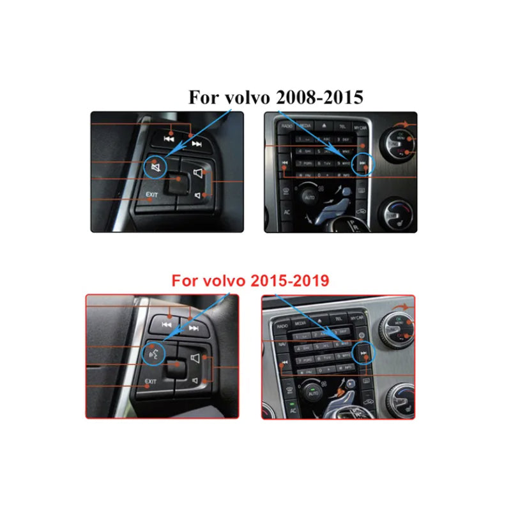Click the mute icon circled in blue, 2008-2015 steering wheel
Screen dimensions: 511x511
coord(155,167)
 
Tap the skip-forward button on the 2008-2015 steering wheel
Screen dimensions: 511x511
coord(196,142)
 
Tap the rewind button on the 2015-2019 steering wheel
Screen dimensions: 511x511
coord(167,324)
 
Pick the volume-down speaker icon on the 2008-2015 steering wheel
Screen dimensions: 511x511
coord(199,195)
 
